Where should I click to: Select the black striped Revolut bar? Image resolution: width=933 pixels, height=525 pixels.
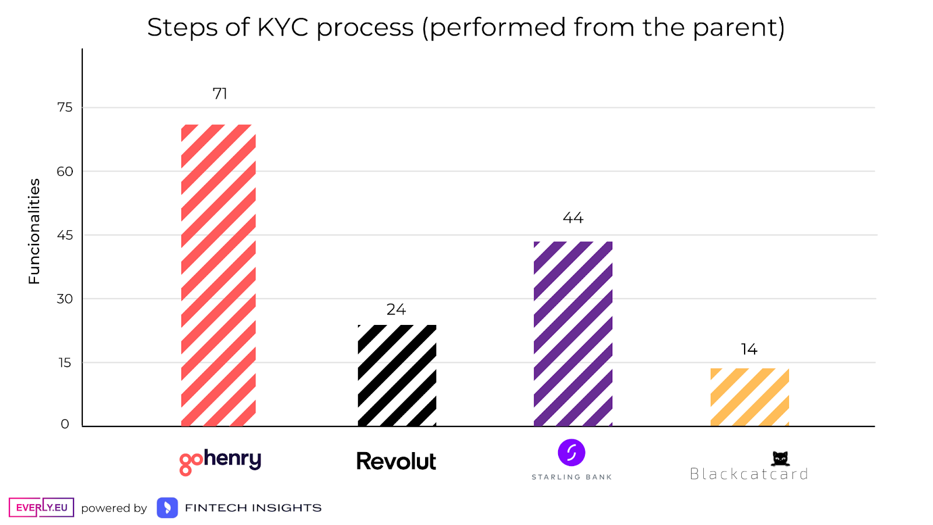coord(397,376)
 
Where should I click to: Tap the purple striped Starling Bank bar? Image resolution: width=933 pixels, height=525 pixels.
coord(573,334)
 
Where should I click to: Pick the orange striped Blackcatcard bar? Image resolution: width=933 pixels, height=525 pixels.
coord(750,397)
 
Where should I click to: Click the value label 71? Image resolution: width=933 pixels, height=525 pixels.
coord(220,94)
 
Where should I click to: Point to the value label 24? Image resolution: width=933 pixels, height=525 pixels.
coord(396,310)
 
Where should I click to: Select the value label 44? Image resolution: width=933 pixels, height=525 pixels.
coord(573,218)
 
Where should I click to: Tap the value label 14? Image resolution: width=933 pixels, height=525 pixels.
coord(749,349)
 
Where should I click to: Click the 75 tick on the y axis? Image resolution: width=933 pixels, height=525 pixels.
coord(65,107)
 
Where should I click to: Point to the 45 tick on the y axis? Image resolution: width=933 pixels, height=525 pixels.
coord(65,235)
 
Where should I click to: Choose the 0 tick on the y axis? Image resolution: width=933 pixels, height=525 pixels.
coord(65,425)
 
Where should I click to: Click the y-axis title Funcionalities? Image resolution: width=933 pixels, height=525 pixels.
coord(34,231)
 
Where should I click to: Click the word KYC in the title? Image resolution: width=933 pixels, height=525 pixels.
coord(282,27)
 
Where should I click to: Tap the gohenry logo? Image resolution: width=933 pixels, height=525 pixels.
coord(220,462)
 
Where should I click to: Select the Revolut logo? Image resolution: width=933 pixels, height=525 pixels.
coord(397,461)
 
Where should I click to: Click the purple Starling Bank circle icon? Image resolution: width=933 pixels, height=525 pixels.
coord(571,453)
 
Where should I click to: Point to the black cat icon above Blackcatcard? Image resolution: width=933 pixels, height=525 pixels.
coord(780,459)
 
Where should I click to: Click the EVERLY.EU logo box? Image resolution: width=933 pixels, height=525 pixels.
coord(41,508)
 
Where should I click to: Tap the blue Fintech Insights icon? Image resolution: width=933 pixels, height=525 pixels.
coord(167,508)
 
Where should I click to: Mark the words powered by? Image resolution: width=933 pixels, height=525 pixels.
coord(114,508)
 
